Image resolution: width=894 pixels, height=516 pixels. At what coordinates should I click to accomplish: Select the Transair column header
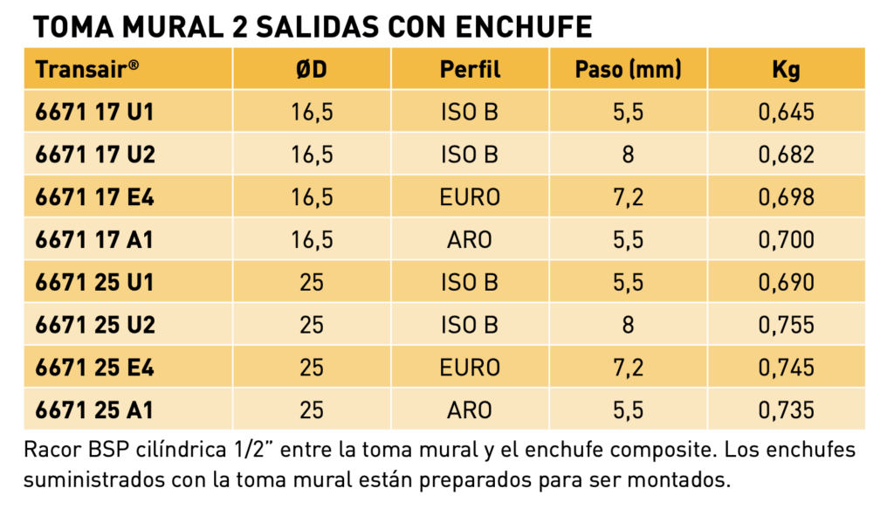[87, 69]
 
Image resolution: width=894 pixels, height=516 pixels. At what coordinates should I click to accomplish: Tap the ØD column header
[312, 70]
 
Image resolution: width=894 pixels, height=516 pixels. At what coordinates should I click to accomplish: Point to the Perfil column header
[470, 70]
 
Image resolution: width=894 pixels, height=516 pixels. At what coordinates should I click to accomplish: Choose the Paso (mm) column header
[628, 70]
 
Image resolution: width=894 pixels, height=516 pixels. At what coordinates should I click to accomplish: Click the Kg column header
[787, 70]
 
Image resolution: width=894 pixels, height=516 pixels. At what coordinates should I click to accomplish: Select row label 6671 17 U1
[94, 112]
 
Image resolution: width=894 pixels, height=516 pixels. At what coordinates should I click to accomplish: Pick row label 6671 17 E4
[94, 197]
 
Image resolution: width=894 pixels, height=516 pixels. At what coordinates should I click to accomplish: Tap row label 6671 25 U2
[95, 325]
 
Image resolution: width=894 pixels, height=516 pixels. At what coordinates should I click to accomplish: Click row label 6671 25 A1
[94, 410]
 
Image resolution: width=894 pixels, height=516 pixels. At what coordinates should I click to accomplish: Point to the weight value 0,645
[787, 113]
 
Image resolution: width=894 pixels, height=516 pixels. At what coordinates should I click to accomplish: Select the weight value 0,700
[787, 240]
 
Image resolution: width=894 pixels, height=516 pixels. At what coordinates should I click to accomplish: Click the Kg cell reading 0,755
[787, 325]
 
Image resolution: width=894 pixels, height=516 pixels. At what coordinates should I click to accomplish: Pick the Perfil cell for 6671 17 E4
[470, 197]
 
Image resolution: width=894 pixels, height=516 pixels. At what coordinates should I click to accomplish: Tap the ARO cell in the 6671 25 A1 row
[469, 410]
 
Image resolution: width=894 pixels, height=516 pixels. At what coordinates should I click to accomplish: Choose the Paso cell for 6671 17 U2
[628, 155]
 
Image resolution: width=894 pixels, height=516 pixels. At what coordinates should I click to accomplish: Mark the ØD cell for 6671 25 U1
[312, 282]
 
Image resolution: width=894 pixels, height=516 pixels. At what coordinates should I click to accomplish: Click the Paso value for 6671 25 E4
[628, 368]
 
